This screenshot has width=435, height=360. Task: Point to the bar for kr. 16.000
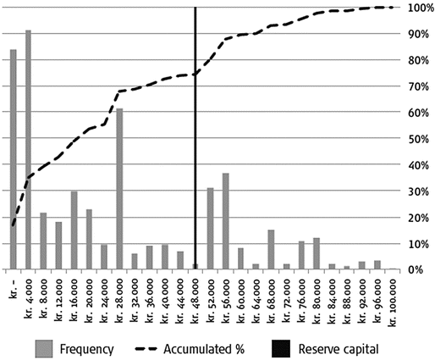[74, 230]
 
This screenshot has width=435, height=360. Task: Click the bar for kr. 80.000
[317, 254]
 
